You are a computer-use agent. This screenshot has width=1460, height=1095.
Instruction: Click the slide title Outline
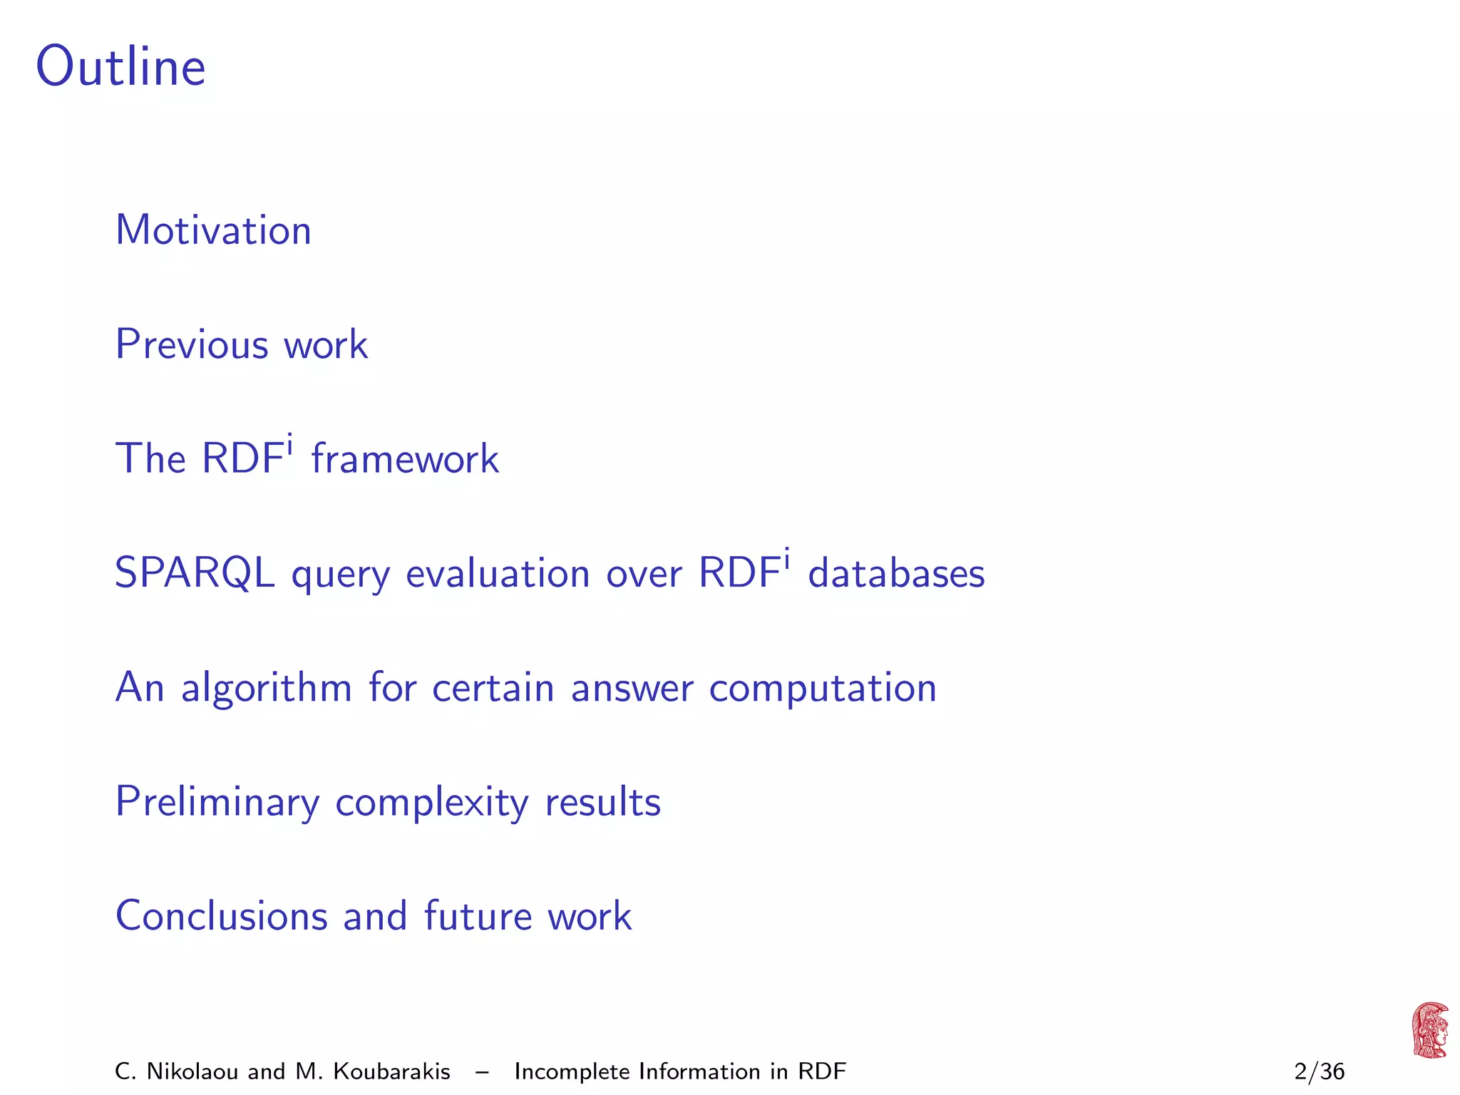[x=120, y=66]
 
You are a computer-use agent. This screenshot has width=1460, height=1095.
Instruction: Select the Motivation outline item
[x=213, y=230]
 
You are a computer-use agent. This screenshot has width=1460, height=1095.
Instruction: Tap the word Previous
[x=192, y=344]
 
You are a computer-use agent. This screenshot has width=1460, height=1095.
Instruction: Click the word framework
[x=405, y=458]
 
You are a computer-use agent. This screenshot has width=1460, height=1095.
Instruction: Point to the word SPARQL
[x=195, y=572]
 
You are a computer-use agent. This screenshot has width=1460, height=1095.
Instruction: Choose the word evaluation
[x=498, y=574]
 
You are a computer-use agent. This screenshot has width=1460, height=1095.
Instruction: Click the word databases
[x=896, y=573]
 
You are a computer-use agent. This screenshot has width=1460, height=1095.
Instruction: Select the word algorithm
[x=267, y=688]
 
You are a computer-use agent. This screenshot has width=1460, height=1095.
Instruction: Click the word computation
[x=823, y=688]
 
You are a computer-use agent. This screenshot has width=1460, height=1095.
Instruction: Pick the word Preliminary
[x=217, y=802]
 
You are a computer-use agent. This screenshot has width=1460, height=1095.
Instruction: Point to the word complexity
[x=432, y=803]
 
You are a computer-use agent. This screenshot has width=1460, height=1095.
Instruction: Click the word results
[x=603, y=802]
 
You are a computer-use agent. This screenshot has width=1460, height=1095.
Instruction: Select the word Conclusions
[x=222, y=916]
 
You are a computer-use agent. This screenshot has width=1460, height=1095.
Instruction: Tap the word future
[x=478, y=916]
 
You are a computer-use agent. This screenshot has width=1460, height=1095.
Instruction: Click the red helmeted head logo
[x=1429, y=1030]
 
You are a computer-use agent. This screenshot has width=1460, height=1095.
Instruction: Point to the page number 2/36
[x=1319, y=1071]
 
